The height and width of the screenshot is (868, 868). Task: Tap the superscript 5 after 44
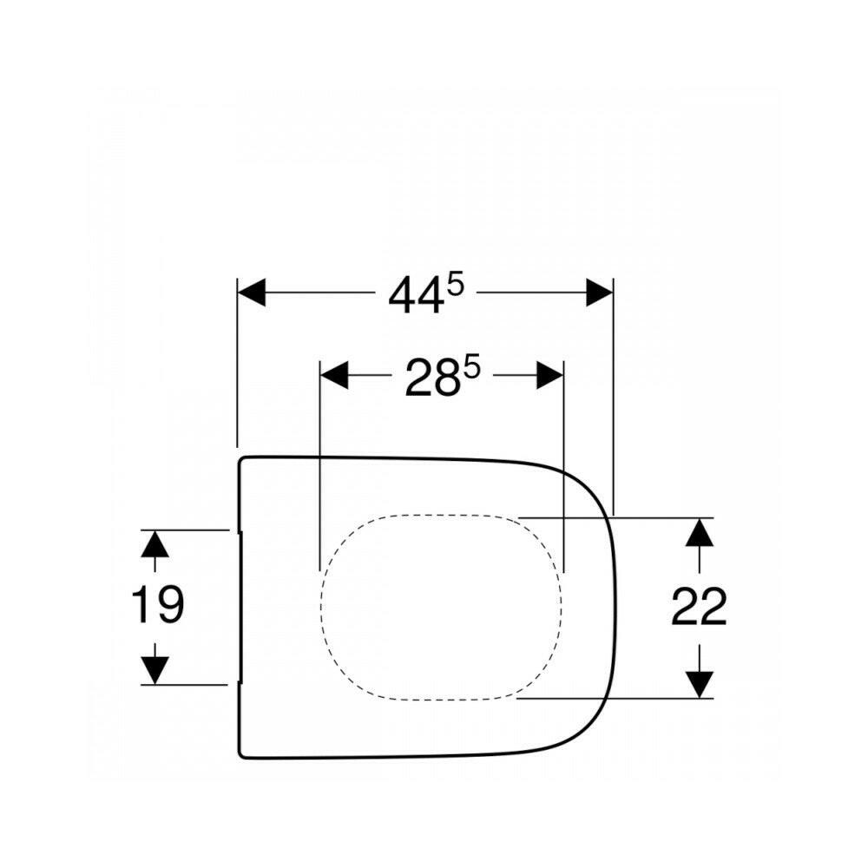click(x=455, y=286)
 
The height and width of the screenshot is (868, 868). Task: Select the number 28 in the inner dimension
click(x=432, y=378)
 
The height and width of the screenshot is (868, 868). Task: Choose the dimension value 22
click(x=699, y=608)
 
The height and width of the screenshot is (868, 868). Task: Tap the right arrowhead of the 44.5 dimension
click(x=600, y=292)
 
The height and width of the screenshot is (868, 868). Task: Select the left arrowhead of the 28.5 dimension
click(x=334, y=375)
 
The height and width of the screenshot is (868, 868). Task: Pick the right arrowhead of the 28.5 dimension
click(x=549, y=375)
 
